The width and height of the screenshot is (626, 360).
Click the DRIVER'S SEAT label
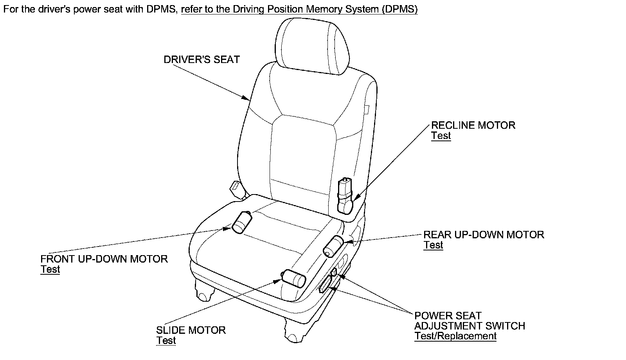(201, 59)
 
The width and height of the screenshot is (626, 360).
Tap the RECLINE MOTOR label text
(473, 125)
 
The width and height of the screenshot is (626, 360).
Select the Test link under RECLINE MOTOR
(441, 136)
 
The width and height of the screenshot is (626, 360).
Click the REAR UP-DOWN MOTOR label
(484, 235)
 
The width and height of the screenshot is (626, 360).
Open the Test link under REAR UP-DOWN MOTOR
(433, 245)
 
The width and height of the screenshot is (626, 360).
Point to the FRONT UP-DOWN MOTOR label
(104, 259)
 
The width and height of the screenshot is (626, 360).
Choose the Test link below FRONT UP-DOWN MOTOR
(50, 270)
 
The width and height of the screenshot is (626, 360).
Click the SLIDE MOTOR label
(191, 330)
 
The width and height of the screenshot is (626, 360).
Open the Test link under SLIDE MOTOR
(166, 341)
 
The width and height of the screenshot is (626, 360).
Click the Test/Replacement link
(455, 336)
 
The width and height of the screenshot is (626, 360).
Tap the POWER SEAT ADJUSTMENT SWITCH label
(469, 321)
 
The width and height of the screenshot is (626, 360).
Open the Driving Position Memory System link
(299, 9)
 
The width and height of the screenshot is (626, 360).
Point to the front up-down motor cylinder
(241, 222)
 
